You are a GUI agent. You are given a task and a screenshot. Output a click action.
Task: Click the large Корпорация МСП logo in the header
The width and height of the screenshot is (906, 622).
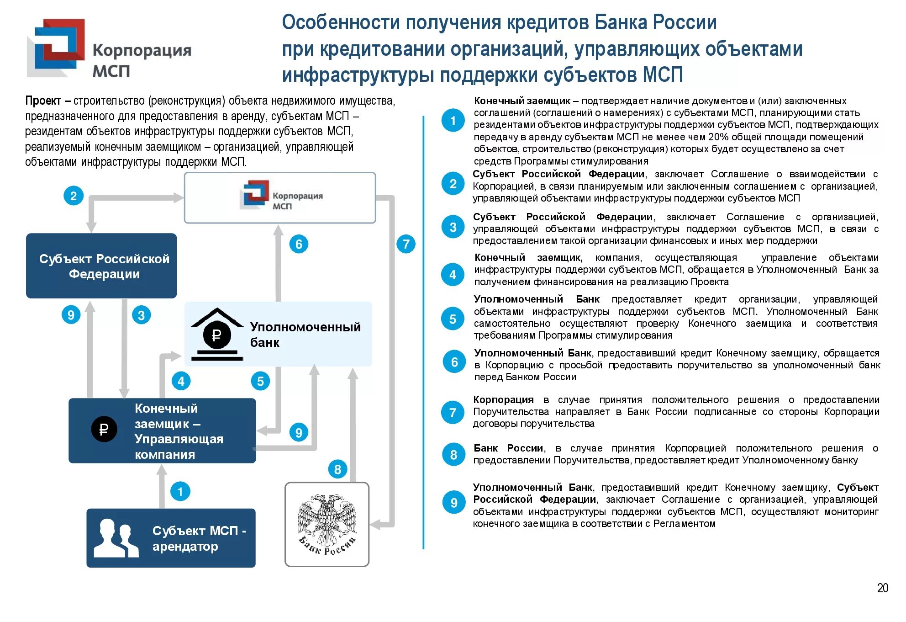(x=109, y=49)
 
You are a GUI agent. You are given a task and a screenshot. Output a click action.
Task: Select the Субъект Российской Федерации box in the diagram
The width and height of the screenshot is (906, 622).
(x=101, y=266)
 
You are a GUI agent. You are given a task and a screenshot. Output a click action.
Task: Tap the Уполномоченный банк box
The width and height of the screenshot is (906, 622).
(x=278, y=334)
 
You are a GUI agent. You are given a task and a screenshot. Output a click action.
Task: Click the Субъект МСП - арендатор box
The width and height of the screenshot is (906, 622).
(x=171, y=538)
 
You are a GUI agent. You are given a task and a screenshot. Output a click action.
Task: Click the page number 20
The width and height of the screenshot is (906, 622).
(x=882, y=588)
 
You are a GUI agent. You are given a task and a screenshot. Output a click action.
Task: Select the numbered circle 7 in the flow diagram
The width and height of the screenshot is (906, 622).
(x=406, y=244)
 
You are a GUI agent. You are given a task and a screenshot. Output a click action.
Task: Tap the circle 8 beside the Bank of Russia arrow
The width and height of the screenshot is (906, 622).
(x=337, y=469)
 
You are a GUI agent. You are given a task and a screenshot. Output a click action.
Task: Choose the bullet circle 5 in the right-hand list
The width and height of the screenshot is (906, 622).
(x=453, y=319)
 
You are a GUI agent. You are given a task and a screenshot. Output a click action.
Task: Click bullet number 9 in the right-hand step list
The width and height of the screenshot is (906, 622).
(x=453, y=503)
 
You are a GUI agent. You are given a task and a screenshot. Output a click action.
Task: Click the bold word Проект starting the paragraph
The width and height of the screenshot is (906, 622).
(x=43, y=101)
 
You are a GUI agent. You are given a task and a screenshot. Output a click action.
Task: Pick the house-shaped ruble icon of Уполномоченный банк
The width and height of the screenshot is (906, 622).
(x=217, y=335)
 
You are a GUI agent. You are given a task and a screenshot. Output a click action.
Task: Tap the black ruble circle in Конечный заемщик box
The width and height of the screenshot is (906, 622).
(x=104, y=429)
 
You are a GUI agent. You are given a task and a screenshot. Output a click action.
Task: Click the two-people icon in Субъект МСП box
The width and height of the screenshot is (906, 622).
(x=116, y=538)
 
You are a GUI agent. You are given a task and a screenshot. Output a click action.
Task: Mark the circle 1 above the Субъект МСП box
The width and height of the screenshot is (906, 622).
(x=180, y=492)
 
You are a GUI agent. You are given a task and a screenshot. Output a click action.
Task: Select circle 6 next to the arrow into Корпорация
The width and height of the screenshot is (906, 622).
(x=299, y=244)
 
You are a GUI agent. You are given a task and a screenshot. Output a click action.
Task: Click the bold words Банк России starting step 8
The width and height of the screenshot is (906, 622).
(x=508, y=448)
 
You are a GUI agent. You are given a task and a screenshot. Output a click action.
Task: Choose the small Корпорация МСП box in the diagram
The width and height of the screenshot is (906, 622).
(x=279, y=198)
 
